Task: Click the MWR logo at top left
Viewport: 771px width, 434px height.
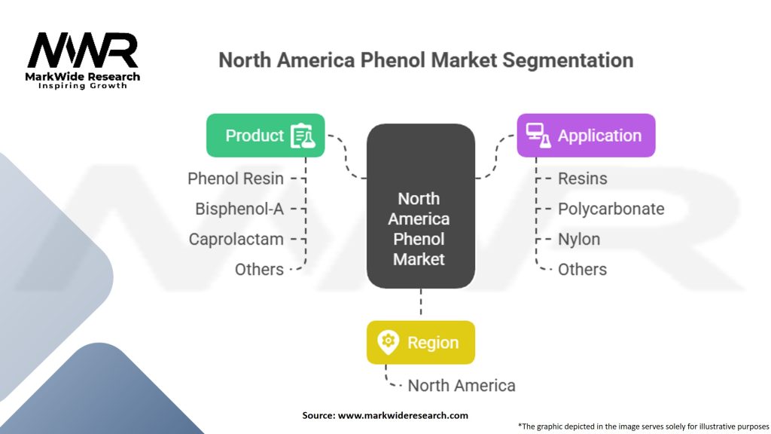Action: pos(83,52)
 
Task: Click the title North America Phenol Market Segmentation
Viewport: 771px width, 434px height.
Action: pos(425,60)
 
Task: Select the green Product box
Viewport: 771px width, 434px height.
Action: pos(265,136)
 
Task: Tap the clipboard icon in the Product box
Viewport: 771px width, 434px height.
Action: pos(303,136)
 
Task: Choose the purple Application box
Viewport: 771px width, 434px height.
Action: pos(586,136)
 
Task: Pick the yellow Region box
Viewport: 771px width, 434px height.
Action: pos(420,343)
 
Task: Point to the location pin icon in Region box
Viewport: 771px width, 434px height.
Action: pos(388,343)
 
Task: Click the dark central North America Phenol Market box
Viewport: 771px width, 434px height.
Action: pos(420,206)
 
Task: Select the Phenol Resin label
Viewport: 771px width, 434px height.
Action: pos(236,179)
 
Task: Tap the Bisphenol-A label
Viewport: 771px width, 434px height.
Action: pos(239,209)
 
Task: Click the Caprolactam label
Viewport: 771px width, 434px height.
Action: pos(236,239)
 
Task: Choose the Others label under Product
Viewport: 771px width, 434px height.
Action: pos(259,269)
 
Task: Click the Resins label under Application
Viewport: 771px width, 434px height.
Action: pos(582,179)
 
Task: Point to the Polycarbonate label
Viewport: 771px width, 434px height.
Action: pos(611,209)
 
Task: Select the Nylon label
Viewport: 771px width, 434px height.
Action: pos(579,239)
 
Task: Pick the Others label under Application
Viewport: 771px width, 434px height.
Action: pos(582,269)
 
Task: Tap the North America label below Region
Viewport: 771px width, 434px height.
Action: pos(462,386)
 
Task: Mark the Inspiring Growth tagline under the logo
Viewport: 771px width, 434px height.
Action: pos(83,86)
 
